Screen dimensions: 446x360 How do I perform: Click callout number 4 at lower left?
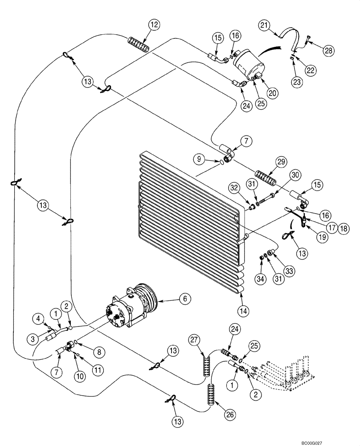point(39,318)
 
